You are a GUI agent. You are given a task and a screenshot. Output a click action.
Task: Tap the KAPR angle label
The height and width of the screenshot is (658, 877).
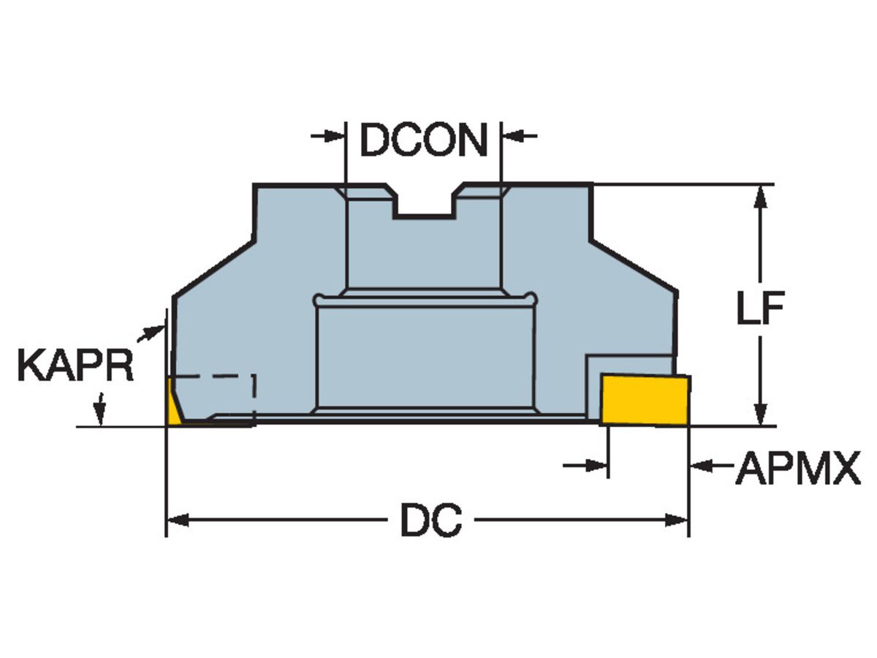tap(75, 366)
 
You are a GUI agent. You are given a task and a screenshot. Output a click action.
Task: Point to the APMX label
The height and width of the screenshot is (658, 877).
tap(798, 469)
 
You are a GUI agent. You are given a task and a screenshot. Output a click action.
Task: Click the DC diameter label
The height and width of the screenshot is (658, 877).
tap(430, 521)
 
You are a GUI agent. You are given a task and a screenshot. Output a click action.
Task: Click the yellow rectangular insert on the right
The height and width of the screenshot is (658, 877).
tap(645, 399)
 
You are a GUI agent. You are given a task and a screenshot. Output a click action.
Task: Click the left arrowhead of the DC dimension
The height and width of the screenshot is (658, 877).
tap(176, 521)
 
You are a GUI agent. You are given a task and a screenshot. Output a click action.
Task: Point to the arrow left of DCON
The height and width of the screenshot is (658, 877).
tap(328, 135)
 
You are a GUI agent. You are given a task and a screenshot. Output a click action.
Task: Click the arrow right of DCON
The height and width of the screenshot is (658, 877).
tap(518, 135)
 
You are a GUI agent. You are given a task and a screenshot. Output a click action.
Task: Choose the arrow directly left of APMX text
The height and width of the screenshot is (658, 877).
tap(706, 465)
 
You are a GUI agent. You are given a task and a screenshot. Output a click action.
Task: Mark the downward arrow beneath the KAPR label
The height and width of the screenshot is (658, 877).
tap(100, 409)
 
